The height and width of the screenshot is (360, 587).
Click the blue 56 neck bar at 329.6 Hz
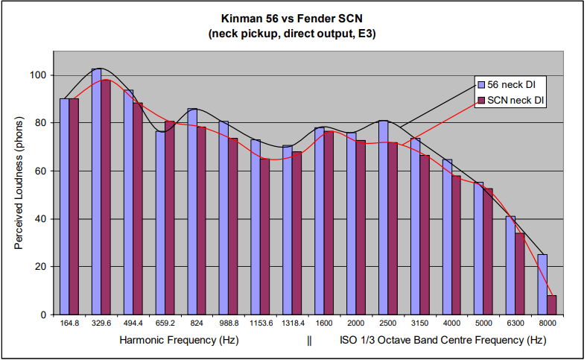click(x=97, y=192)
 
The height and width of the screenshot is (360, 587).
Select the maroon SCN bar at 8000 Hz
click(x=551, y=305)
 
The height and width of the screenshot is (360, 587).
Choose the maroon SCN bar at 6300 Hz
click(x=519, y=274)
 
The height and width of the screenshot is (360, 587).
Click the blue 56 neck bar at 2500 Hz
click(x=383, y=217)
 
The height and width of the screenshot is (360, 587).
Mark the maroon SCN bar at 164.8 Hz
click(x=74, y=206)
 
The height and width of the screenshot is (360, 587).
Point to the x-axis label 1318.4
click(x=291, y=324)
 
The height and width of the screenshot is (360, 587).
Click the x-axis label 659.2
click(x=165, y=324)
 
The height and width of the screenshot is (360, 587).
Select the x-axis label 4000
click(x=451, y=324)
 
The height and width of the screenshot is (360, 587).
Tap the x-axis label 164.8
click(x=69, y=324)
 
